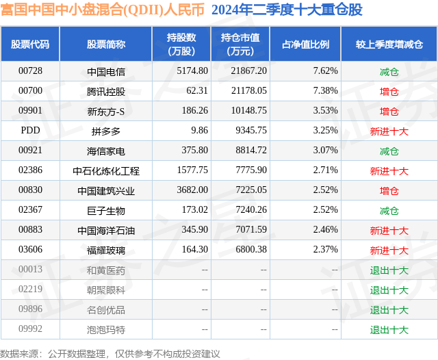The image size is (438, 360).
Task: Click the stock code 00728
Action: click(x=30, y=71)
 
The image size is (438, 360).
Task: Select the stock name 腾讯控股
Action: click(x=106, y=91)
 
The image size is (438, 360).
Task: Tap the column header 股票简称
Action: click(x=106, y=44)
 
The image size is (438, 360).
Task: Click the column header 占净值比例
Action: click(x=305, y=44)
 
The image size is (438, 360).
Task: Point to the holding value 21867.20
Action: click(x=248, y=71)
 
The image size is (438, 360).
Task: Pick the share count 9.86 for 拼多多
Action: click(x=199, y=131)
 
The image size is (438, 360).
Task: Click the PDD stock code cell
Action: click(x=30, y=131)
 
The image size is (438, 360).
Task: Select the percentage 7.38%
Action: click(x=326, y=91)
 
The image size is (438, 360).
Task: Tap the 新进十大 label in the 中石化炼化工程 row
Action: click(x=389, y=170)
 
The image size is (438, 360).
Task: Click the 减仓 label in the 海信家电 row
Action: click(x=389, y=151)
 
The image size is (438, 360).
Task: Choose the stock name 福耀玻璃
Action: click(x=106, y=250)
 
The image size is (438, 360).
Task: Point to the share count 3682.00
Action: click(x=192, y=190)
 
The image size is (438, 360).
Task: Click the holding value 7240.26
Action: click(x=251, y=209)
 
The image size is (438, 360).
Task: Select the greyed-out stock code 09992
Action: click(x=30, y=329)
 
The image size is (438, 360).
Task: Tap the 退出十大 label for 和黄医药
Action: click(x=389, y=270)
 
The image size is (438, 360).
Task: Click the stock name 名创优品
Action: click(x=106, y=309)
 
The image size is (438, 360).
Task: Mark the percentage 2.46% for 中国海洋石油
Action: click(x=326, y=229)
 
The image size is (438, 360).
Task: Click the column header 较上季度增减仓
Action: click(x=389, y=44)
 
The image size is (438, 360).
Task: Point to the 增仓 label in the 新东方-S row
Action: click(x=389, y=111)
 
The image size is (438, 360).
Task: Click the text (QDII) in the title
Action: click(x=143, y=10)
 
